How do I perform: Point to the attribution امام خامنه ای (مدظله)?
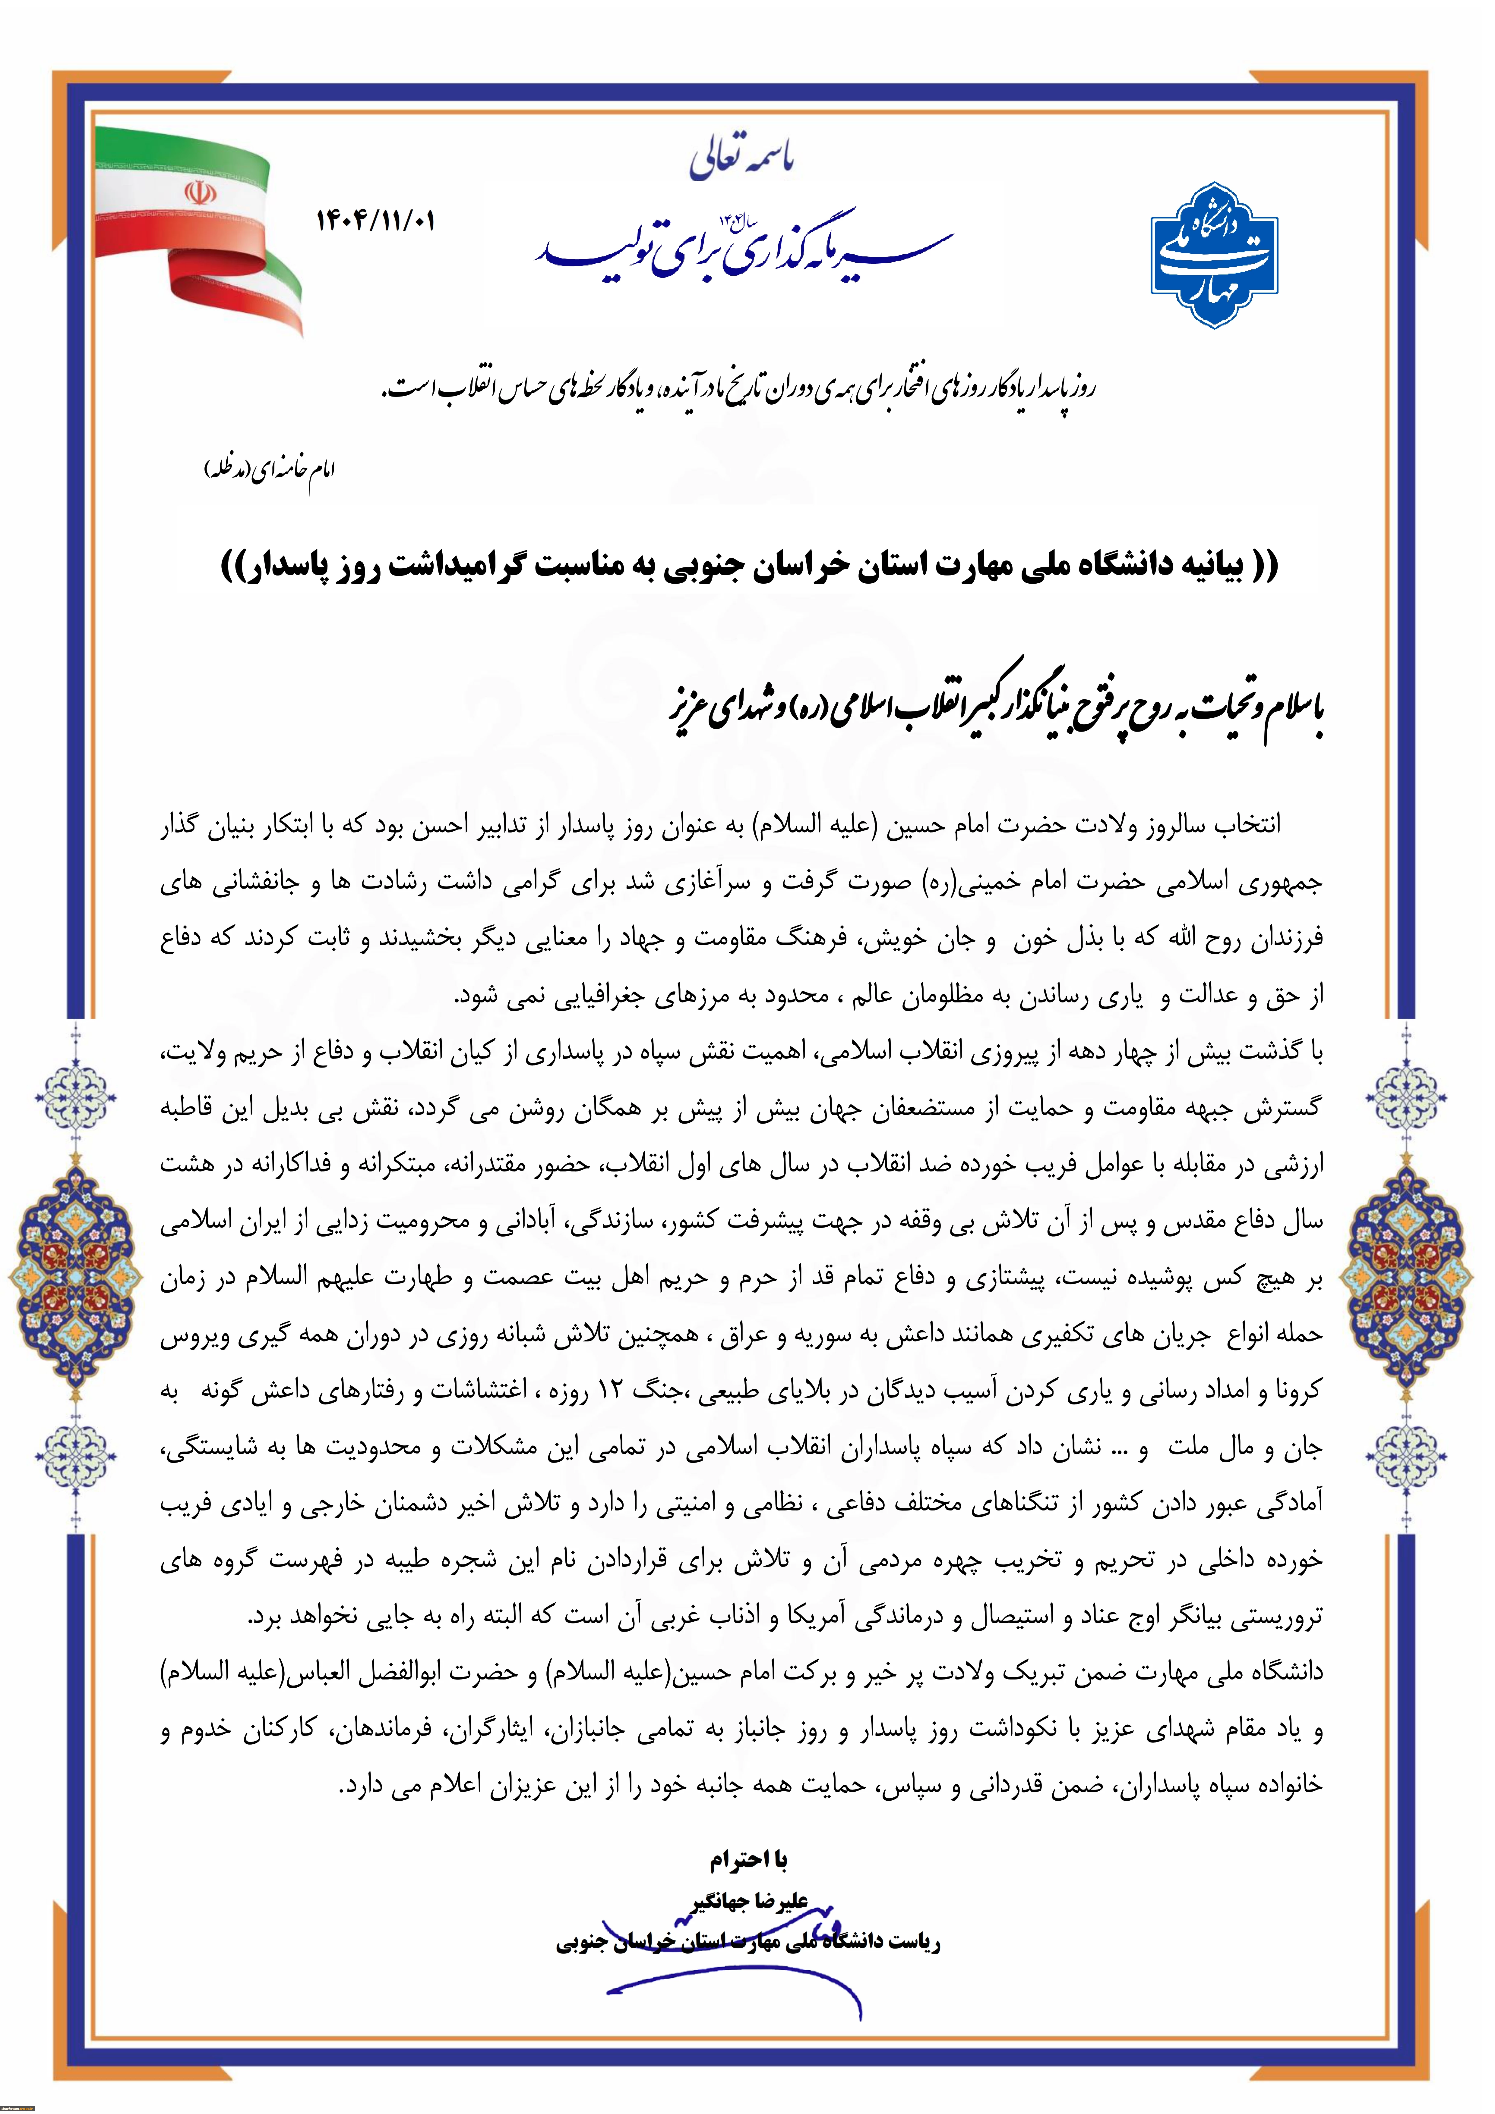269,469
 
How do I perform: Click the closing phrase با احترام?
748,1861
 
